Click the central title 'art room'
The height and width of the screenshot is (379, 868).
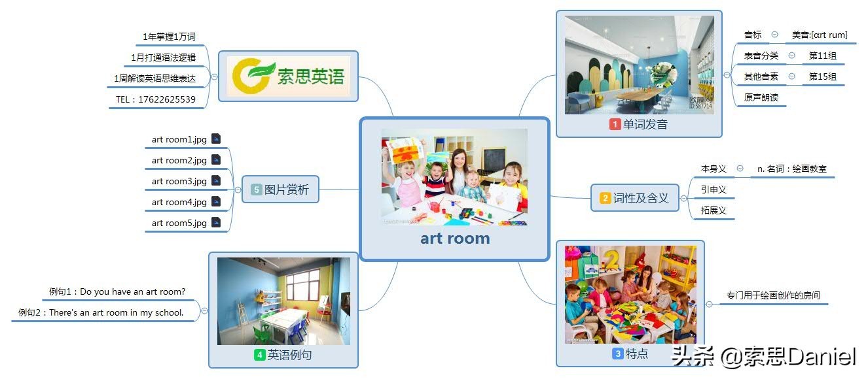455,239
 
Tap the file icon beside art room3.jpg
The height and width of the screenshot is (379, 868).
216,180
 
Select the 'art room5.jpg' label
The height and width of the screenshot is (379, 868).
179,223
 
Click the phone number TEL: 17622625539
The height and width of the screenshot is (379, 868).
155,99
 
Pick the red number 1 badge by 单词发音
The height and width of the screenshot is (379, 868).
615,124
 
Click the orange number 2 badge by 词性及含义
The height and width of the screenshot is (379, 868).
605,198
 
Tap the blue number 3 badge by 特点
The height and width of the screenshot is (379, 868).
618,354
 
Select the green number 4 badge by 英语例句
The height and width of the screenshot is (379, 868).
259,355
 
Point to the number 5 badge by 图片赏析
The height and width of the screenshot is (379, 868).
256,189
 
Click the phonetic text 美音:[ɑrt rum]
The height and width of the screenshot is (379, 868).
820,35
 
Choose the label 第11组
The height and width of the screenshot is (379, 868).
822,56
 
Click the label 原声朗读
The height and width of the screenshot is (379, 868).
761,97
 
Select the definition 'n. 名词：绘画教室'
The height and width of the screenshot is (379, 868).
792,169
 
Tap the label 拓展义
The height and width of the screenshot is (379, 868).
714,210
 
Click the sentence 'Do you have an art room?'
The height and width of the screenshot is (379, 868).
132,291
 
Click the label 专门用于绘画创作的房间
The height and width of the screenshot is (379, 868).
773,295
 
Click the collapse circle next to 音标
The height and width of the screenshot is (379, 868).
774,35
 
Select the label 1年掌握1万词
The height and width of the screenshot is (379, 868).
169,37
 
